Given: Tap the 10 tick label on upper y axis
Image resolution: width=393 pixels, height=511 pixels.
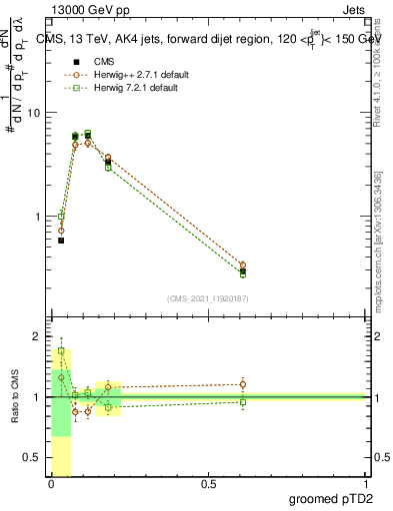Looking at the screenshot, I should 34,113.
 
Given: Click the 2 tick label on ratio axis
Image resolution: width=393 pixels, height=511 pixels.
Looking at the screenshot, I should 38,337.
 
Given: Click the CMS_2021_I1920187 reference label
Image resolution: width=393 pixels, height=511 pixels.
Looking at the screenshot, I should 209,298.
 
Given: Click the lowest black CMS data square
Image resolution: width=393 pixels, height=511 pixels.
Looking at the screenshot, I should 61,241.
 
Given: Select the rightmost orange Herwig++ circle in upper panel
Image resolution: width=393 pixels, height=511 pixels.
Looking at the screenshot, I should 243,264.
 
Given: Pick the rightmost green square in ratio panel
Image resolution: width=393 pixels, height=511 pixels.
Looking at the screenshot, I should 243,402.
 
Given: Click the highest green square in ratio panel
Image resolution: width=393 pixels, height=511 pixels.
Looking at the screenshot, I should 61,351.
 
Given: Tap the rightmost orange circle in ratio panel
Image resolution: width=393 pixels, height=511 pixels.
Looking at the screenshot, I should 243,384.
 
